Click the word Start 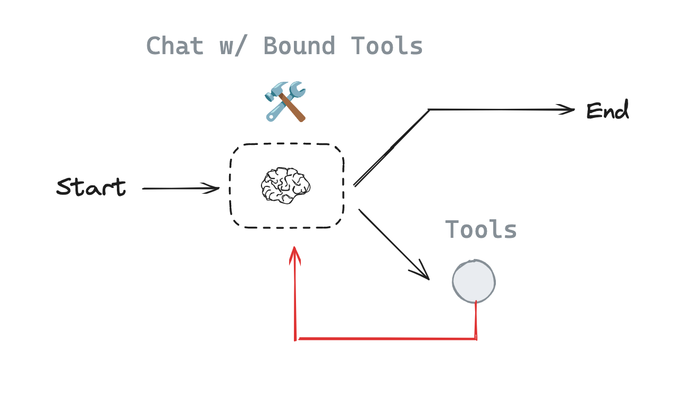[x=91, y=187]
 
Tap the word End [x=607, y=111]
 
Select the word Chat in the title [x=175, y=46]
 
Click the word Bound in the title [x=300, y=46]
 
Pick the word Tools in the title [x=386, y=46]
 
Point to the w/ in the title [x=233, y=46]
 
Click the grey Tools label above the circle [x=481, y=230]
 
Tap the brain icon [x=285, y=185]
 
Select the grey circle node [x=474, y=281]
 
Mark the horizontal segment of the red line [x=385, y=338]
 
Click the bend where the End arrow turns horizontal [x=429, y=109]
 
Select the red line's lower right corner [x=476, y=338]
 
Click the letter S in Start [x=65, y=187]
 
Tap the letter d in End [x=622, y=111]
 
